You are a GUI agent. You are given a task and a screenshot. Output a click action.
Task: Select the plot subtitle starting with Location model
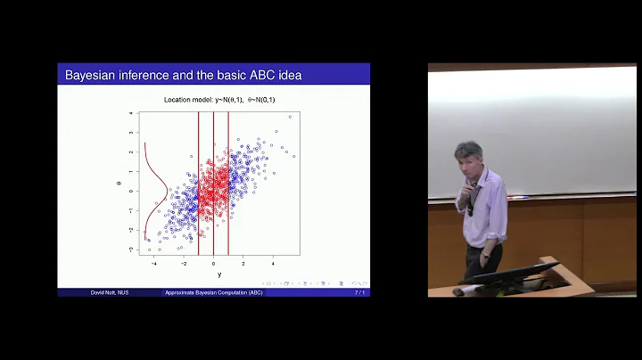(x=219, y=99)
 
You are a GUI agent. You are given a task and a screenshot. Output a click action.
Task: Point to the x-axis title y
(x=219, y=274)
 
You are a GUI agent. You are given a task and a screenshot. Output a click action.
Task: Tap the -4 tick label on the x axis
(x=155, y=264)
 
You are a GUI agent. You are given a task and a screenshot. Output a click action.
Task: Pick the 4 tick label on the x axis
(x=272, y=264)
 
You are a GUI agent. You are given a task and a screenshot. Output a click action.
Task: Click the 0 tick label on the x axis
(x=214, y=264)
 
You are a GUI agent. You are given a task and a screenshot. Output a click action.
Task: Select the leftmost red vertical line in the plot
(x=199, y=183)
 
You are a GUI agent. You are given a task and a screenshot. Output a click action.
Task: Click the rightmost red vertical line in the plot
(x=229, y=183)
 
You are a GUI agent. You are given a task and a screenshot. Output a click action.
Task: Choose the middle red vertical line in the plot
(x=214, y=183)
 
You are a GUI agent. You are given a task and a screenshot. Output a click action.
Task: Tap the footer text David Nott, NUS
(x=110, y=293)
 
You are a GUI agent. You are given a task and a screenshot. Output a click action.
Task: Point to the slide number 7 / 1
(x=359, y=293)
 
